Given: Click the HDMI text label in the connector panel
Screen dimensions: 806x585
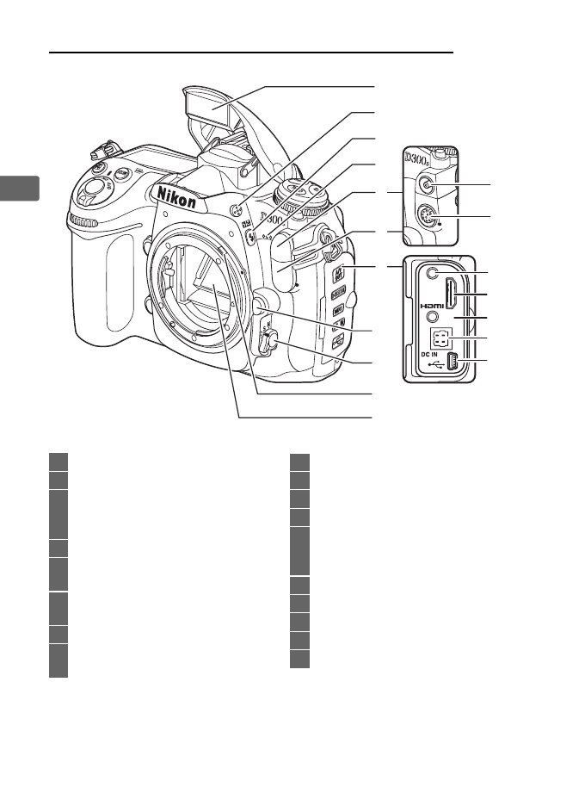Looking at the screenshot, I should (431, 305).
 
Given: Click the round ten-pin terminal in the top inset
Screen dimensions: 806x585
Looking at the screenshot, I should (427, 219).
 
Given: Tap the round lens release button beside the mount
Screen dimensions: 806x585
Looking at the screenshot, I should (260, 302).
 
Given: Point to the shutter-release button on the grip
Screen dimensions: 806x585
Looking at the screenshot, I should (97, 184).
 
